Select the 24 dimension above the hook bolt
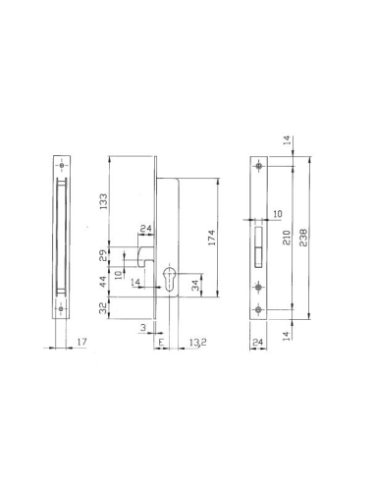[x=145, y=231]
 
